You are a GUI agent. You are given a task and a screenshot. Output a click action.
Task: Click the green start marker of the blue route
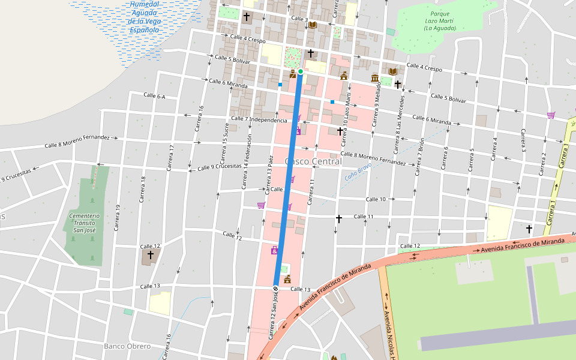click(301, 71)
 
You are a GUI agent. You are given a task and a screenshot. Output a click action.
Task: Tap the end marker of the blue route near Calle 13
click(275, 289)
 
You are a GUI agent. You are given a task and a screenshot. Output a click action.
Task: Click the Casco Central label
click(313, 161)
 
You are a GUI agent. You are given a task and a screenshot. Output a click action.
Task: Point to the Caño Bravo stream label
click(358, 171)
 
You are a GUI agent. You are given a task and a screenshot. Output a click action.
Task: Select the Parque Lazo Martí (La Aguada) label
click(439, 21)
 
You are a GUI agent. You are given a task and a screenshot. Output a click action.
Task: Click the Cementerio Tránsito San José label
click(85, 223)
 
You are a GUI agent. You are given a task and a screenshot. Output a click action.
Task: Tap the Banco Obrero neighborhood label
click(127, 346)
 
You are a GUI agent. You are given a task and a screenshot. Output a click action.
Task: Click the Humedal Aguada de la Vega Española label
click(145, 17)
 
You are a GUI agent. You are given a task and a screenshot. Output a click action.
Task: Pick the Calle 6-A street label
click(154, 96)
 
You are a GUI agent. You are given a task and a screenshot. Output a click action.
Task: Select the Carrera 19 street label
click(118, 217)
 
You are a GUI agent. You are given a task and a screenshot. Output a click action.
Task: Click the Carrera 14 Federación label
click(247, 162)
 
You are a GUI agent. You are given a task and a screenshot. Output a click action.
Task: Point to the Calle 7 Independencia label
click(259, 119)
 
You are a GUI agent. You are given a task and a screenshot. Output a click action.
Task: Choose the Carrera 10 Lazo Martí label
click(346, 124)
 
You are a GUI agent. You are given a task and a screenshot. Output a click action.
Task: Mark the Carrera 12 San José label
click(274, 317)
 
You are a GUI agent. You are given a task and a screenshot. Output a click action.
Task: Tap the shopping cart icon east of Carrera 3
click(551, 115)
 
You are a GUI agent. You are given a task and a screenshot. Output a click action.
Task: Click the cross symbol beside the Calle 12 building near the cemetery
click(150, 255)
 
